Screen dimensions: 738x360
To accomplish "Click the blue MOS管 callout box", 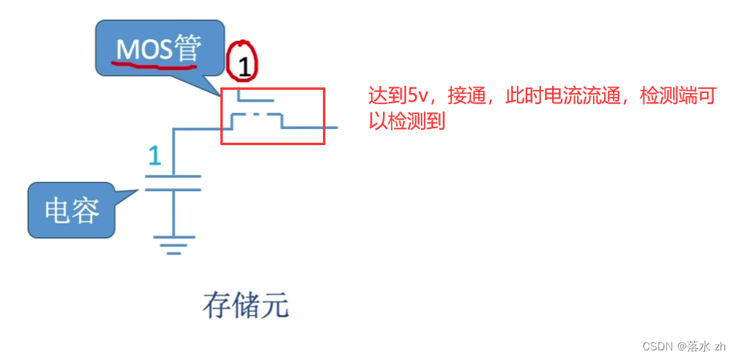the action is coord(159,50).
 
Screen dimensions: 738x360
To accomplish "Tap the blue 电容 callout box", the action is coord(72,211).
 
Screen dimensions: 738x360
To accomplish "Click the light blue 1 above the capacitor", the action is coord(155,156).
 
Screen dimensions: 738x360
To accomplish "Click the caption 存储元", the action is coord(245,305).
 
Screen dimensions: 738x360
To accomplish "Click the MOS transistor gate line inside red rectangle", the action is coord(256,101).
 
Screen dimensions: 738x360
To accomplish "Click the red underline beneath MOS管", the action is coord(156,66).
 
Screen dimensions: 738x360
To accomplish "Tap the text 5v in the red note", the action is coord(417,96).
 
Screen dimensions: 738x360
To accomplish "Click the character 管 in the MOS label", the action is coord(189,50).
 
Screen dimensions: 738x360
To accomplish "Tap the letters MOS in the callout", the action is coord(143,50).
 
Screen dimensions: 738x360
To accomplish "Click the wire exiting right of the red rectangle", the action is coord(331,127).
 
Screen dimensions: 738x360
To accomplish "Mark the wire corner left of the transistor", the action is coord(173,127).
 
